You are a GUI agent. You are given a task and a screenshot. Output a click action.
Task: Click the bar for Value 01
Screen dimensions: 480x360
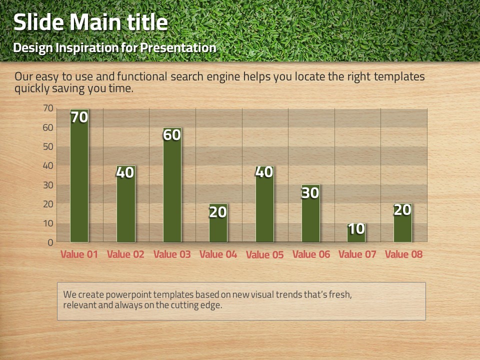coord(79,175)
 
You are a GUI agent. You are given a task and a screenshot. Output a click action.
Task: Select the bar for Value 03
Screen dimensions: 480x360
coord(172,185)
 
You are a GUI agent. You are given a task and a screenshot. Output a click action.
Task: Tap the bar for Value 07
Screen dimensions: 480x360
coord(356,232)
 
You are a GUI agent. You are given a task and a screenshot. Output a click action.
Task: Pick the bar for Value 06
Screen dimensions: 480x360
coord(310,213)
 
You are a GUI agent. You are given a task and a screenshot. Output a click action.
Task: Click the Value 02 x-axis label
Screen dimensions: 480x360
coord(125,254)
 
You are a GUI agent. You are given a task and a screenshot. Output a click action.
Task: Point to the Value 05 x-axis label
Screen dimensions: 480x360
coord(265,254)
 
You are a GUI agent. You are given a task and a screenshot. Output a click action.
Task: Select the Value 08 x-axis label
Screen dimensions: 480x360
coord(404,254)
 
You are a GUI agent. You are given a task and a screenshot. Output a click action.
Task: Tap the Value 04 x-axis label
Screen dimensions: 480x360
coord(218,254)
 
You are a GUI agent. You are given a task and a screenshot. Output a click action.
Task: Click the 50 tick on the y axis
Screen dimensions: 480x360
coord(48,146)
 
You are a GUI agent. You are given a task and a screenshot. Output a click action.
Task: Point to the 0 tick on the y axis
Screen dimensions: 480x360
coord(50,243)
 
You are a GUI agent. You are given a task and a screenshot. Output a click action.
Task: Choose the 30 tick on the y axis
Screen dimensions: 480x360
coord(48,185)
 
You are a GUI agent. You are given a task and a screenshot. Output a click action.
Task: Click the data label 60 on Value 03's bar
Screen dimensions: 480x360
coord(171,135)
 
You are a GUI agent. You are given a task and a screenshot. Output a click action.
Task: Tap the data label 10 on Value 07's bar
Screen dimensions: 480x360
coord(356,229)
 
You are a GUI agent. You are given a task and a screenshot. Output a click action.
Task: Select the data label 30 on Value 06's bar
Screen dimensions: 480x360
coord(310,193)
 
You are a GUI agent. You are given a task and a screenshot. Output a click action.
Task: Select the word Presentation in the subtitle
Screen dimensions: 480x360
coord(178,48)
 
